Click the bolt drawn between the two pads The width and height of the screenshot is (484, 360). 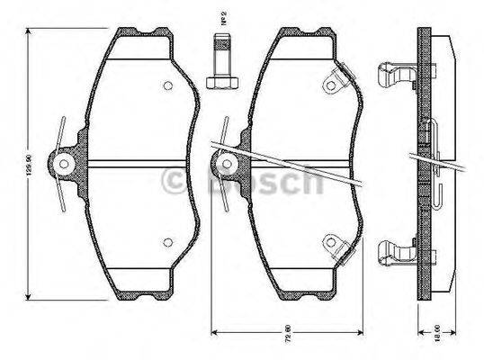pos(221,62)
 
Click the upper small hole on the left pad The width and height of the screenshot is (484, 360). pos(167,86)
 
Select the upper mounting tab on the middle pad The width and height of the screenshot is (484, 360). pos(336,82)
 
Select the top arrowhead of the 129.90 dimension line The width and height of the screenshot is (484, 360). pos(30,32)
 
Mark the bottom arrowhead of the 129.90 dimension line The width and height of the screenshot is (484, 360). pos(30,296)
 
